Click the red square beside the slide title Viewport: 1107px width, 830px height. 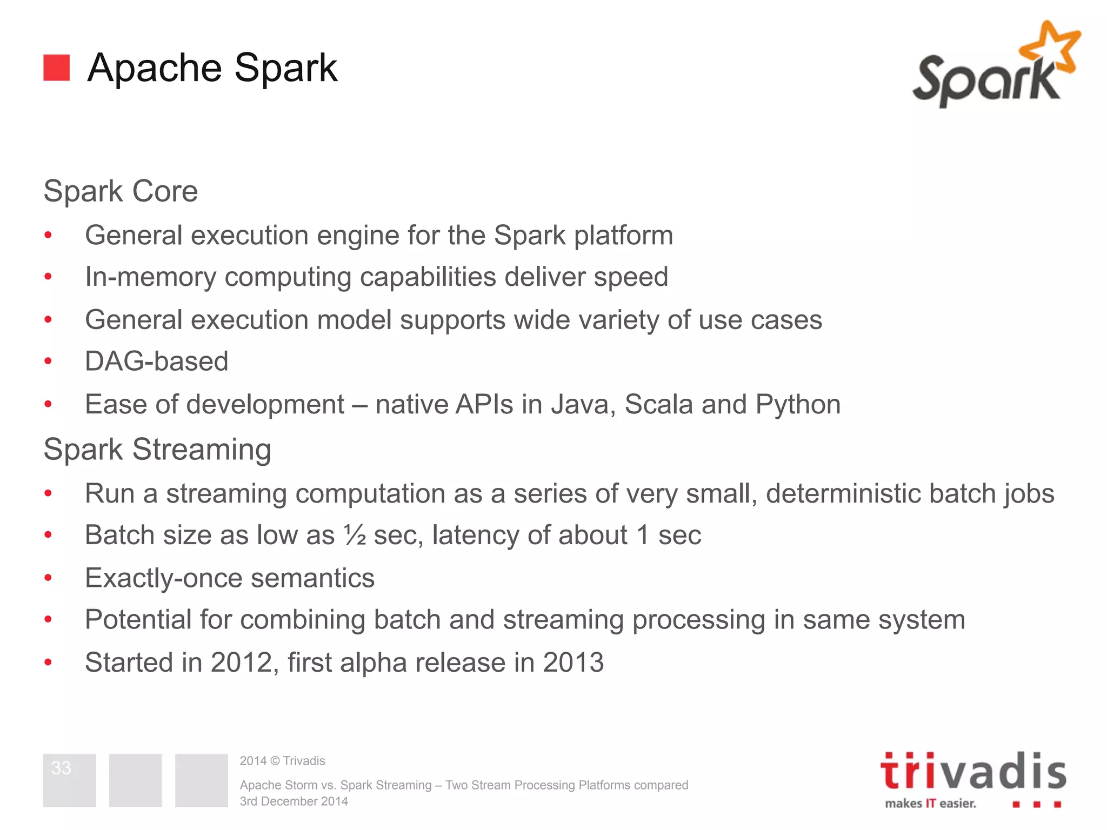56,68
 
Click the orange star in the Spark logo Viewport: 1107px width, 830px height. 1051,49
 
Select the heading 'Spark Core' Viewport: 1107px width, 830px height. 121,191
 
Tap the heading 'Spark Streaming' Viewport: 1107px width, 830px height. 157,450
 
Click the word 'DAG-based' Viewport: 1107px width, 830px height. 157,361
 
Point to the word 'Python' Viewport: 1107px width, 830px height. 798,405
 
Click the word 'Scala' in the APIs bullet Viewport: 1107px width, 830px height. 658,405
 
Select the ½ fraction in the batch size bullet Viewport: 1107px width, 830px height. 355,535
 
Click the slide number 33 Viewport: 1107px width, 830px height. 61,768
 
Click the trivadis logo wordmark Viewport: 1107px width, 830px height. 973,772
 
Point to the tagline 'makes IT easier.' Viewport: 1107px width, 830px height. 930,804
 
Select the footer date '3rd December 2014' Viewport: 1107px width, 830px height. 294,801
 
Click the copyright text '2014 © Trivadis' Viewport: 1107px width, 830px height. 282,761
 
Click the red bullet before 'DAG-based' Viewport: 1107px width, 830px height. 48,361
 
